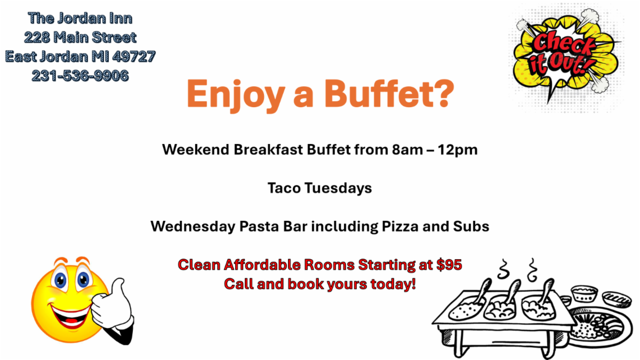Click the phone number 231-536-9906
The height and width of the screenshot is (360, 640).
point(81,76)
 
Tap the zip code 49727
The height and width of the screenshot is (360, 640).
point(134,57)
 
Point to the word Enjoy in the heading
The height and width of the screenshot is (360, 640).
point(236,95)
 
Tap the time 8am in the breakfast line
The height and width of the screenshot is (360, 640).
point(407,150)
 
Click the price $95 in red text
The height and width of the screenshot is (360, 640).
point(449,265)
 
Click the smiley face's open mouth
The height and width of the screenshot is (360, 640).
point(70,316)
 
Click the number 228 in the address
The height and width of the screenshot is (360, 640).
point(37,37)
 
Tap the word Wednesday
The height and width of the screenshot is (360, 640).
point(193,227)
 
